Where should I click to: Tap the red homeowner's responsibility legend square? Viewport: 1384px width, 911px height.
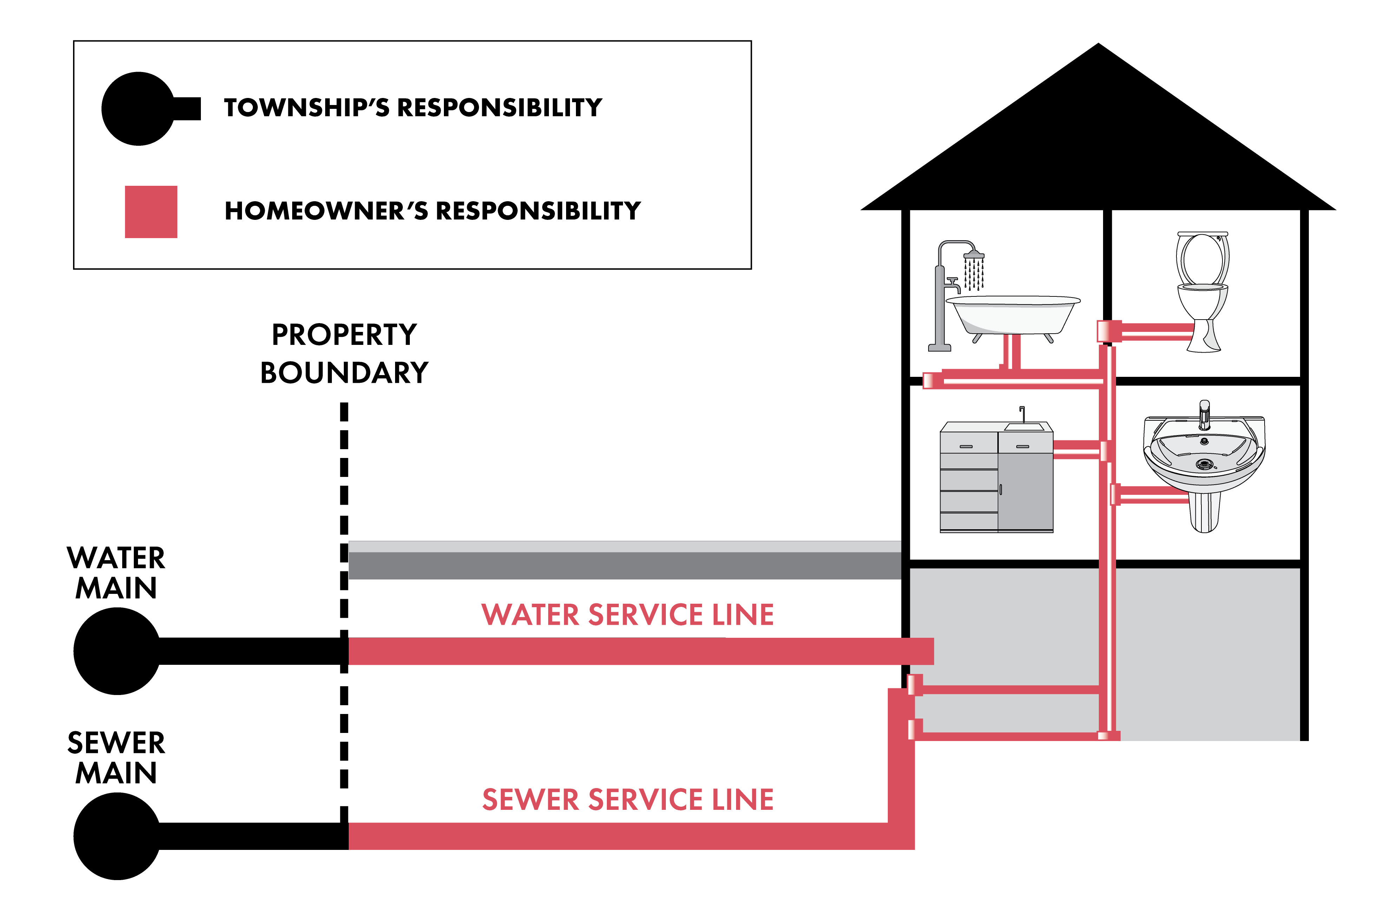[x=151, y=212]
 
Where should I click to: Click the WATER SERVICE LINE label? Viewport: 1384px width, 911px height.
[x=628, y=615]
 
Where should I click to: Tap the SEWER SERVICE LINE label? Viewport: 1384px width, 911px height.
[x=628, y=799]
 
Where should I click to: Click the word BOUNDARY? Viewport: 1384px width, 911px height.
[x=344, y=373]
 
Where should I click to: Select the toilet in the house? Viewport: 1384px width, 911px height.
[x=1202, y=291]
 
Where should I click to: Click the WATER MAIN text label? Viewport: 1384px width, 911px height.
[x=116, y=573]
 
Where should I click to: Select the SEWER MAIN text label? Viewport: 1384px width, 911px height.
[x=116, y=758]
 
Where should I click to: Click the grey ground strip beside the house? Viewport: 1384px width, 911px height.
[x=624, y=560]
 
